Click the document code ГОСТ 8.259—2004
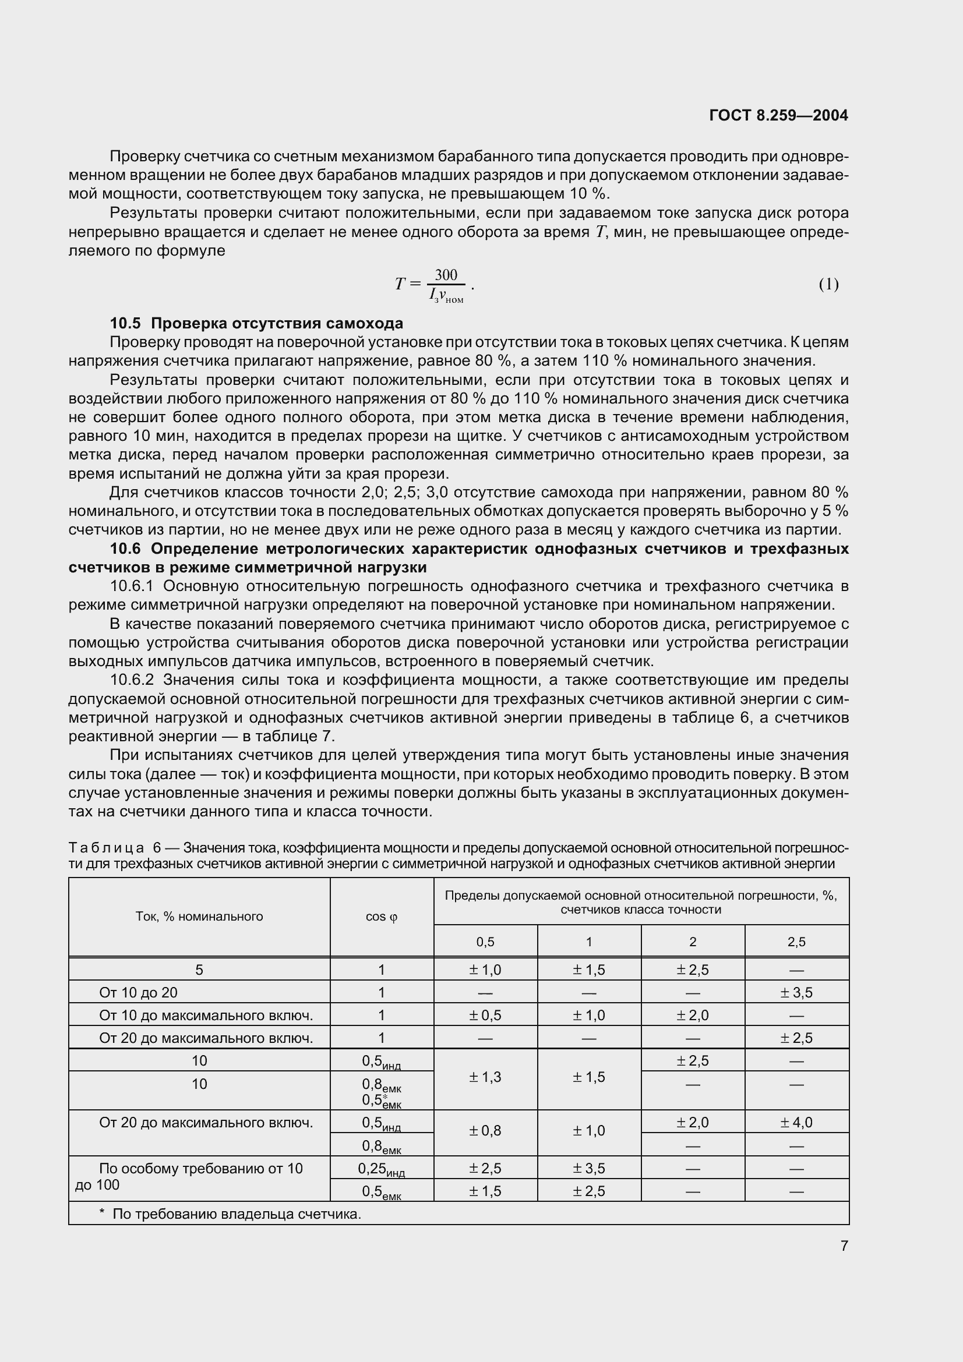point(778,115)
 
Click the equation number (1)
point(828,284)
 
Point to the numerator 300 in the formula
point(446,275)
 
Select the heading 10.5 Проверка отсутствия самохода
point(256,323)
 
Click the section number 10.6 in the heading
point(126,549)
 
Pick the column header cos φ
point(382,917)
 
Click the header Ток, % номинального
point(199,917)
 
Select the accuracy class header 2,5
point(796,942)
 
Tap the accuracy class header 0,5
point(485,942)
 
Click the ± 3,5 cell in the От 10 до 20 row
point(796,992)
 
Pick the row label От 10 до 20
point(138,992)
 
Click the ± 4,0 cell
point(796,1122)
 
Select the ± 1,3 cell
point(485,1077)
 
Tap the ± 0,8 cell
point(485,1131)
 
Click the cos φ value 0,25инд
point(382,1169)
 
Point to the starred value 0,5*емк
point(382,1101)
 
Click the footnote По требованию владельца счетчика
point(236,1214)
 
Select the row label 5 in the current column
point(199,970)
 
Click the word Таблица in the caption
point(106,848)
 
